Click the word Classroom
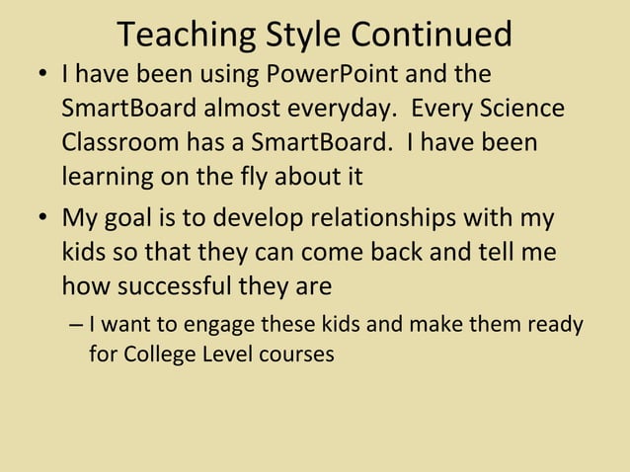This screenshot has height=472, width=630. pyautogui.click(x=116, y=142)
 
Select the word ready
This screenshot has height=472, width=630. pyautogui.click(x=555, y=325)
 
